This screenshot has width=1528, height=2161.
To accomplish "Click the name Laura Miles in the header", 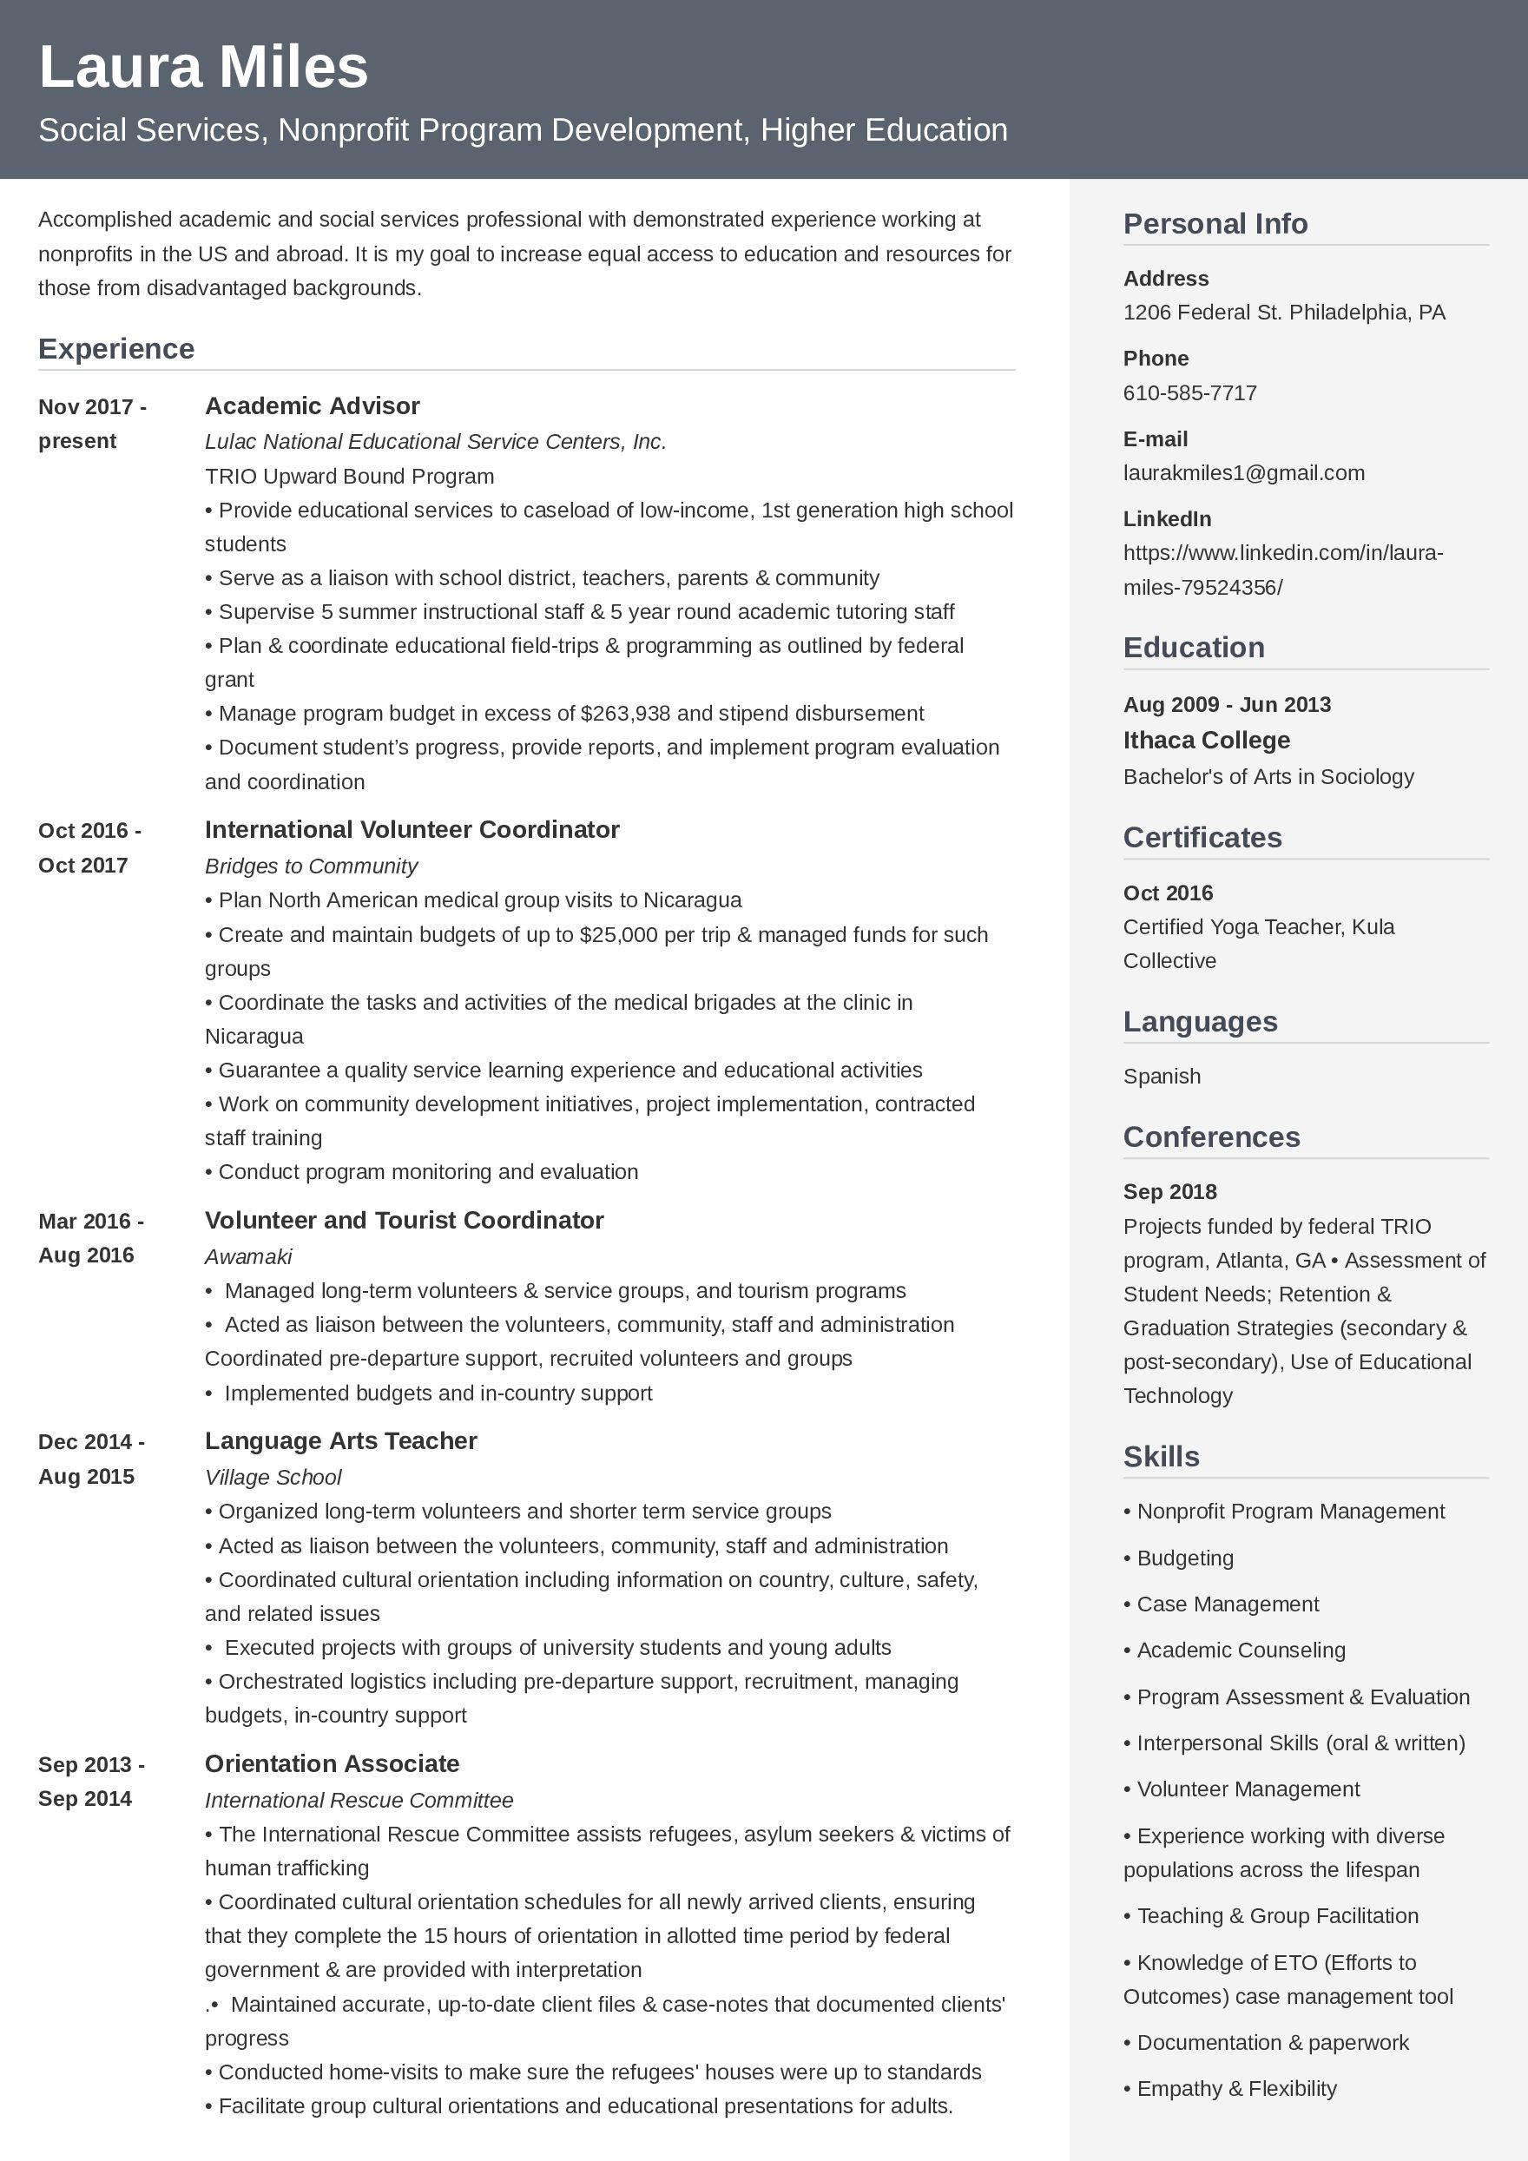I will pos(203,68).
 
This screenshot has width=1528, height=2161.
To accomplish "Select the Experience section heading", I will pos(115,349).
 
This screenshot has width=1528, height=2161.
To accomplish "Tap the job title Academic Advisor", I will pos(312,405).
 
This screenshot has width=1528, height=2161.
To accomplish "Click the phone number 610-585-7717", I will pos(1189,392).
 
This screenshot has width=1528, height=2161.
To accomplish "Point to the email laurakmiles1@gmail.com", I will pos(1243,472).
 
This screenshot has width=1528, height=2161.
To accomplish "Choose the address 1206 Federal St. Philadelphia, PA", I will pos(1283,313).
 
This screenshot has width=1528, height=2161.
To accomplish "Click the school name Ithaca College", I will pos(1205,740).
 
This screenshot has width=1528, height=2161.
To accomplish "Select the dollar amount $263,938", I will pos(626,714).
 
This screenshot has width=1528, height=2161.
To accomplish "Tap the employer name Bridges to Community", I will pos(311,866).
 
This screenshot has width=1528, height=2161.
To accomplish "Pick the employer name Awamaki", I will pos(248,1256).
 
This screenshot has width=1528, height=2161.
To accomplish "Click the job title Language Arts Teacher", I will pos(340,1441).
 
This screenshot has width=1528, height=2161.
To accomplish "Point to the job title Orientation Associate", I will pos(333,1764).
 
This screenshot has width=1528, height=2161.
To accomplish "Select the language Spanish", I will pos(1161,1076).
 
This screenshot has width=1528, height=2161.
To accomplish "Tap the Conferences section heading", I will pos(1211,1137).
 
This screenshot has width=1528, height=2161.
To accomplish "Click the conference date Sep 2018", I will pos(1169,1191).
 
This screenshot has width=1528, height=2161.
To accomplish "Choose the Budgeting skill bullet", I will pos(1183,1558).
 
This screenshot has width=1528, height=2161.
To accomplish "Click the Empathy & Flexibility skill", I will pos(1235,2089).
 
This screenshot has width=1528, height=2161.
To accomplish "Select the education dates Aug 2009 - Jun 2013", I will pos(1226,705).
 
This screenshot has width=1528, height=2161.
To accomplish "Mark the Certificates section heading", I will pos(1202,838).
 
